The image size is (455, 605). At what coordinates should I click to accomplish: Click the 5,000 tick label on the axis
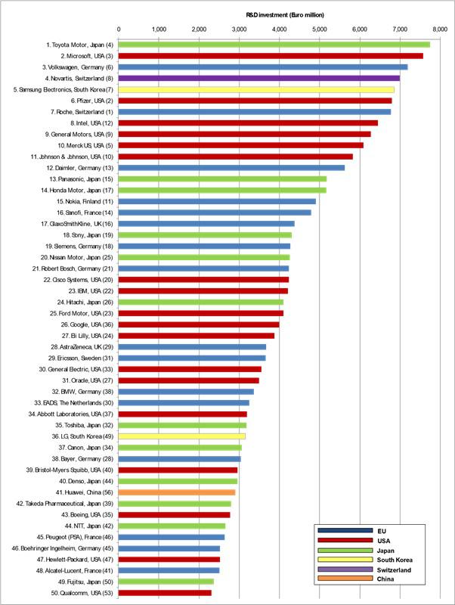click(319, 29)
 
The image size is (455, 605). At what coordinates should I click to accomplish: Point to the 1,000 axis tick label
click(159, 29)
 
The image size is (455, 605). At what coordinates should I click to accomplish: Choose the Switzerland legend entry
click(401, 569)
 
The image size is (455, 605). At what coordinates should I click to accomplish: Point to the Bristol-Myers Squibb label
click(75, 469)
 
